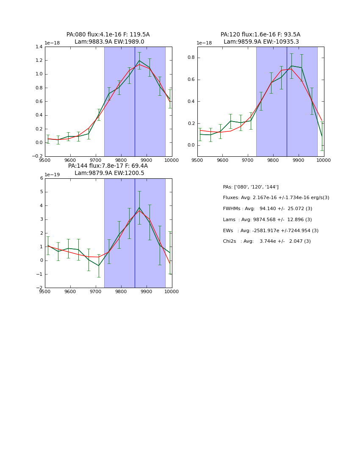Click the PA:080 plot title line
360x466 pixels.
click(x=108, y=35)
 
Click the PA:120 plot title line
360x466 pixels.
click(x=260, y=35)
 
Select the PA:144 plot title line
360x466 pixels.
click(x=108, y=166)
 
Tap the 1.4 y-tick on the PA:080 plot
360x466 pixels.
click(x=38, y=47)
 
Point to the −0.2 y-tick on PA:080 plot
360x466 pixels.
click(x=37, y=156)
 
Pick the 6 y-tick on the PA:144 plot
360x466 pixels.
click(x=41, y=178)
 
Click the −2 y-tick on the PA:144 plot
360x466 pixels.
click(x=40, y=288)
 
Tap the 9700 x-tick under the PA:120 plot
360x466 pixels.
click(x=248, y=160)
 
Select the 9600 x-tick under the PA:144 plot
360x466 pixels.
click(x=70, y=291)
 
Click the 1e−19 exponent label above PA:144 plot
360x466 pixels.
click(x=52, y=175)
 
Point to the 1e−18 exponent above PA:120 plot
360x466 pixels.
click(x=205, y=43)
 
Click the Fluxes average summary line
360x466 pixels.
click(x=276, y=198)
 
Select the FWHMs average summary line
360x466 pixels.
click(x=267, y=209)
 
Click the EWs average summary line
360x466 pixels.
click(x=271, y=231)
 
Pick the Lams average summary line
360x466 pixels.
click(x=267, y=220)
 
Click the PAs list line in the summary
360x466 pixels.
click(x=251, y=187)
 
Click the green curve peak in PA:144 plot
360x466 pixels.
click(x=139, y=208)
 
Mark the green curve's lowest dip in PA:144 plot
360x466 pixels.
click(x=99, y=266)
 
